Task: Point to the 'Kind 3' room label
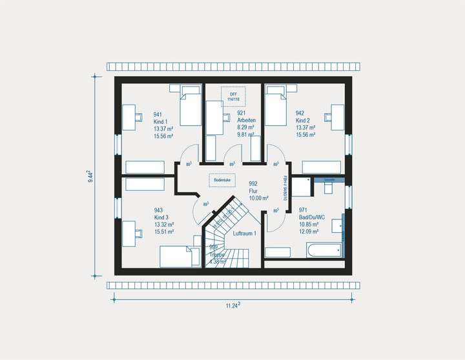(x=161, y=217)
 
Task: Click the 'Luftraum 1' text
(x=245, y=233)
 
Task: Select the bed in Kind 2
(x=276, y=105)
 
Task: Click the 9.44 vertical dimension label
(x=90, y=175)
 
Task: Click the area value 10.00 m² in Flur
(x=258, y=197)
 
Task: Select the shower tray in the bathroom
(x=302, y=186)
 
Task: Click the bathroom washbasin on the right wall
(x=338, y=226)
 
